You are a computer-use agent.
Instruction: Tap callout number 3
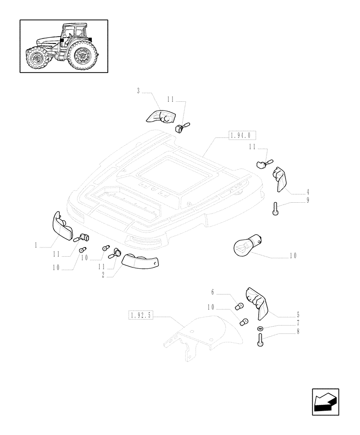click(x=138, y=91)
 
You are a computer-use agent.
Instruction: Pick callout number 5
click(x=297, y=314)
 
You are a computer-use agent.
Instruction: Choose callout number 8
click(x=297, y=331)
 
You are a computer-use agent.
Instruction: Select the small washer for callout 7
click(x=260, y=328)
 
